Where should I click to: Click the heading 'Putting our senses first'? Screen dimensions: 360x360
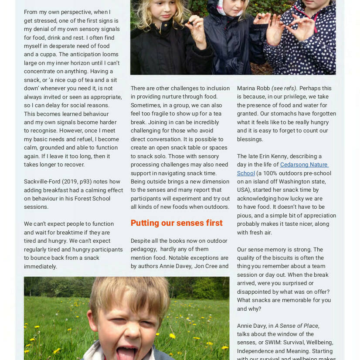pos(177,223)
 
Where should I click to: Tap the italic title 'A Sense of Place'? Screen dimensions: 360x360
pos(296,326)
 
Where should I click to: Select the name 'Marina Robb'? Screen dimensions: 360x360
pos(253,88)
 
